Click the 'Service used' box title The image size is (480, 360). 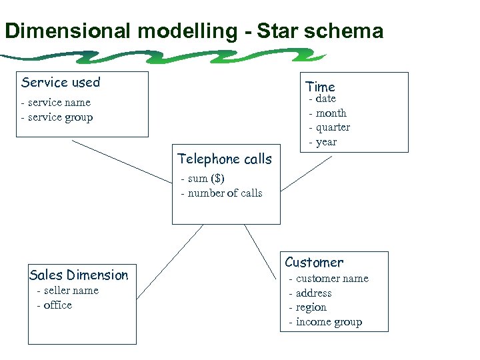tap(61, 83)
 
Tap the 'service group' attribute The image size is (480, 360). tap(60, 117)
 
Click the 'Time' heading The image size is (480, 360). tap(320, 87)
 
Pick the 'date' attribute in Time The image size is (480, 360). tap(325, 99)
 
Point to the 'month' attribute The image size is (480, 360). tap(331, 113)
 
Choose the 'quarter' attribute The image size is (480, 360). tap(333, 127)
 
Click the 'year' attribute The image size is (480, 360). tap(326, 142)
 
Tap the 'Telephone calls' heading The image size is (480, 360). tap(225, 159)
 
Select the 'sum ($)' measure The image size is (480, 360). tap(206, 179)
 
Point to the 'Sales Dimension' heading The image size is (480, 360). tap(79, 275)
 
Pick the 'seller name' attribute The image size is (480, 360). tap(71, 291)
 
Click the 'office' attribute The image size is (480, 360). tap(57, 305)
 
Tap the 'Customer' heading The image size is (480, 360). tap(314, 263)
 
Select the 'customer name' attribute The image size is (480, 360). tap(331, 279)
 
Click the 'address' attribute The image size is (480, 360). tap(313, 293)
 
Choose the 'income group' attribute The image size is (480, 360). tap(329, 322)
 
